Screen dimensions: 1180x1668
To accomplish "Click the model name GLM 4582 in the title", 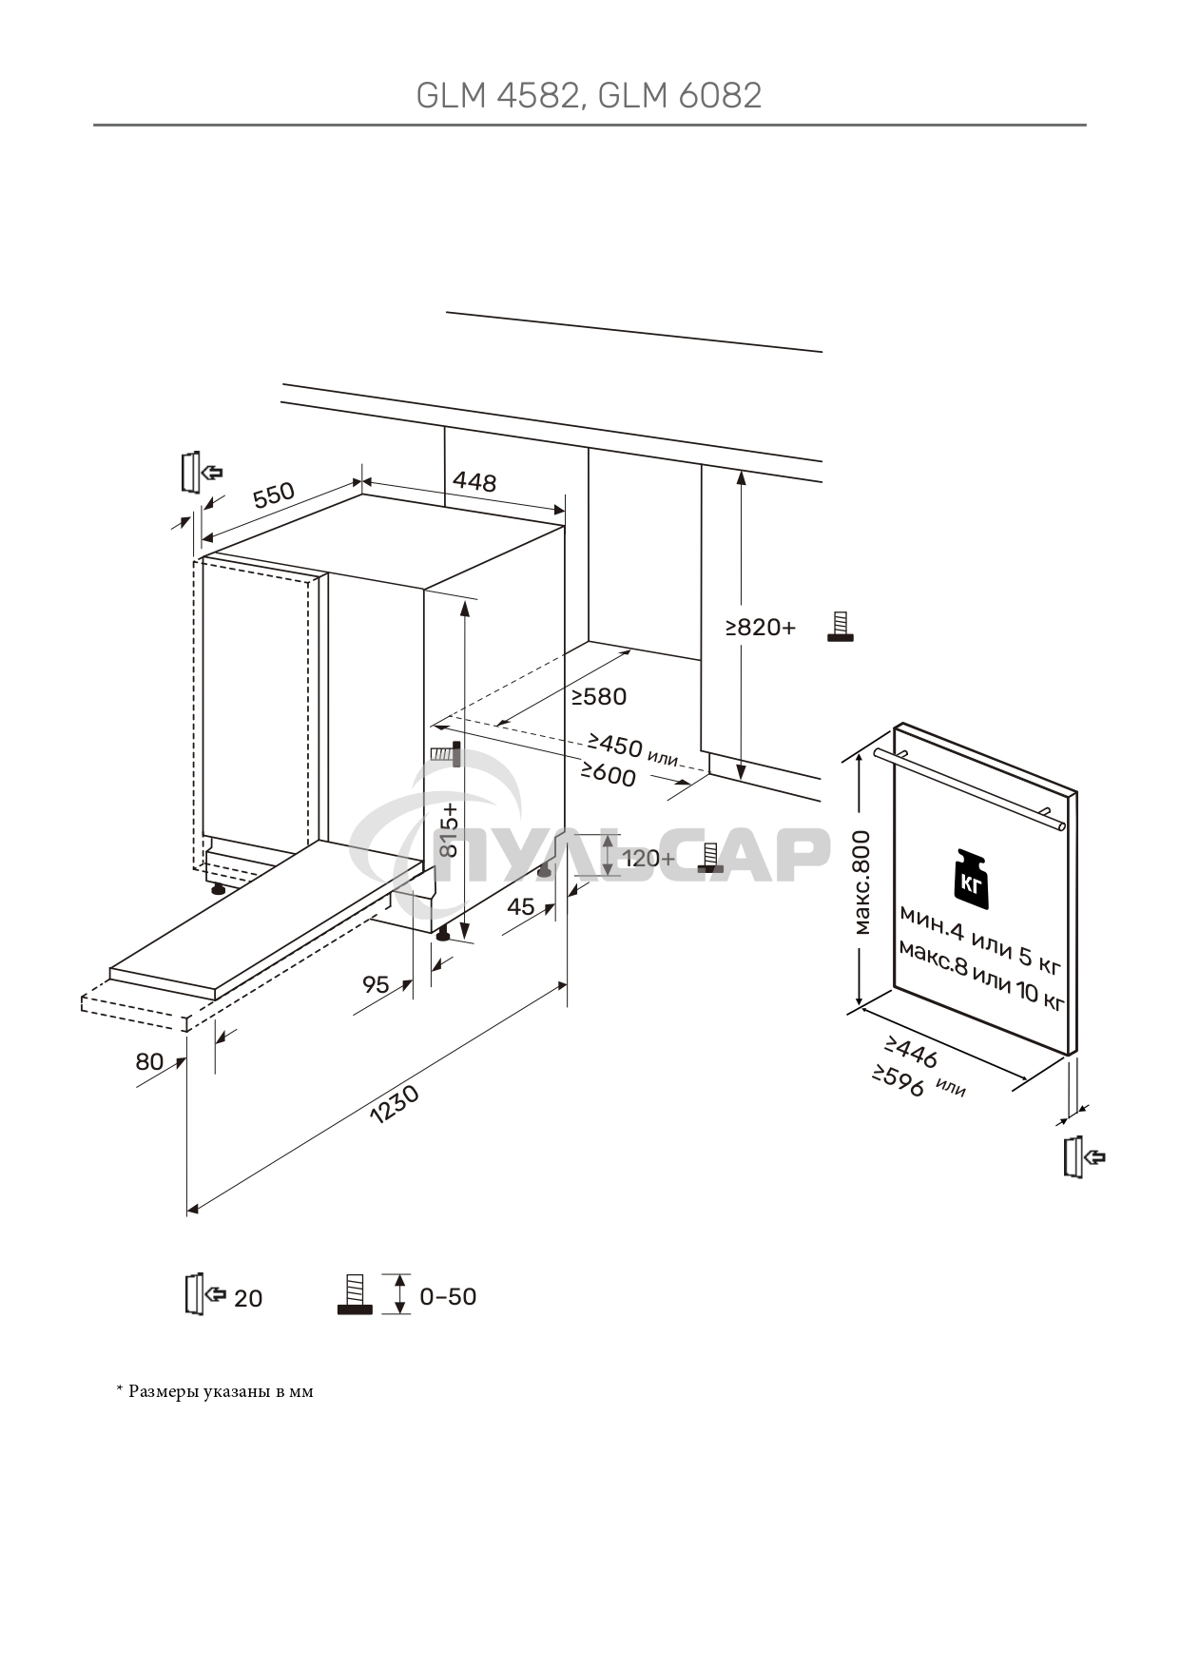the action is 496,96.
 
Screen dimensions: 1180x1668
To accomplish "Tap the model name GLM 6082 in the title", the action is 682,96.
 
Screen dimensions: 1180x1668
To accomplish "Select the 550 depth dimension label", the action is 274,495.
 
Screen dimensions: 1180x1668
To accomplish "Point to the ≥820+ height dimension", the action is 761,627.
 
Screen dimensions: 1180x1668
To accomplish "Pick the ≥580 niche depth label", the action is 599,697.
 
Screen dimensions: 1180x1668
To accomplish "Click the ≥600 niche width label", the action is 609,774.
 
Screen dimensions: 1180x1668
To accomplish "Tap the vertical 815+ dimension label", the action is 448,829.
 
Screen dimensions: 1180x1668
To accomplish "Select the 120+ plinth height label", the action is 648,859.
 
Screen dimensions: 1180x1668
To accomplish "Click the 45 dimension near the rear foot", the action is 521,907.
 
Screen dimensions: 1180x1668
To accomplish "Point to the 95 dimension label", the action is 377,984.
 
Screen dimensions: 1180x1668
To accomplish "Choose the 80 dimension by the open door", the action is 149,1061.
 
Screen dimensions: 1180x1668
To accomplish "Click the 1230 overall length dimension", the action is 394,1105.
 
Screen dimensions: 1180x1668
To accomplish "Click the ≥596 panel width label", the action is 899,1081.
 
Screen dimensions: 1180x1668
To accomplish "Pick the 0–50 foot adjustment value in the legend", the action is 448,1297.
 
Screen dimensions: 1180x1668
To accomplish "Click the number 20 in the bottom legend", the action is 248,1298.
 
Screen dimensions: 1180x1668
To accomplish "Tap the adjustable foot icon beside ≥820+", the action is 840,627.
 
